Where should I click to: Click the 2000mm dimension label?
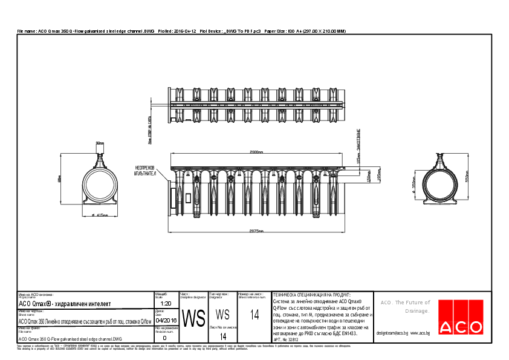coord(256,152)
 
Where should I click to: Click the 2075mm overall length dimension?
coord(256,231)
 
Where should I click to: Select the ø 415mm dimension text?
coord(100,215)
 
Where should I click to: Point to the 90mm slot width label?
coord(100,143)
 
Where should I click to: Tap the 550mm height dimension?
coord(467,174)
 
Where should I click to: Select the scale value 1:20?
coord(166,303)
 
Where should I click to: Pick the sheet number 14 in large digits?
coord(254,315)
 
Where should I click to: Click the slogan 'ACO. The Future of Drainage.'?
coord(405,307)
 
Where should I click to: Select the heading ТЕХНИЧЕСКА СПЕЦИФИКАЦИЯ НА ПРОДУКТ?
coord(312,293)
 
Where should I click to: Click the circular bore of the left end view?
coord(100,187)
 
